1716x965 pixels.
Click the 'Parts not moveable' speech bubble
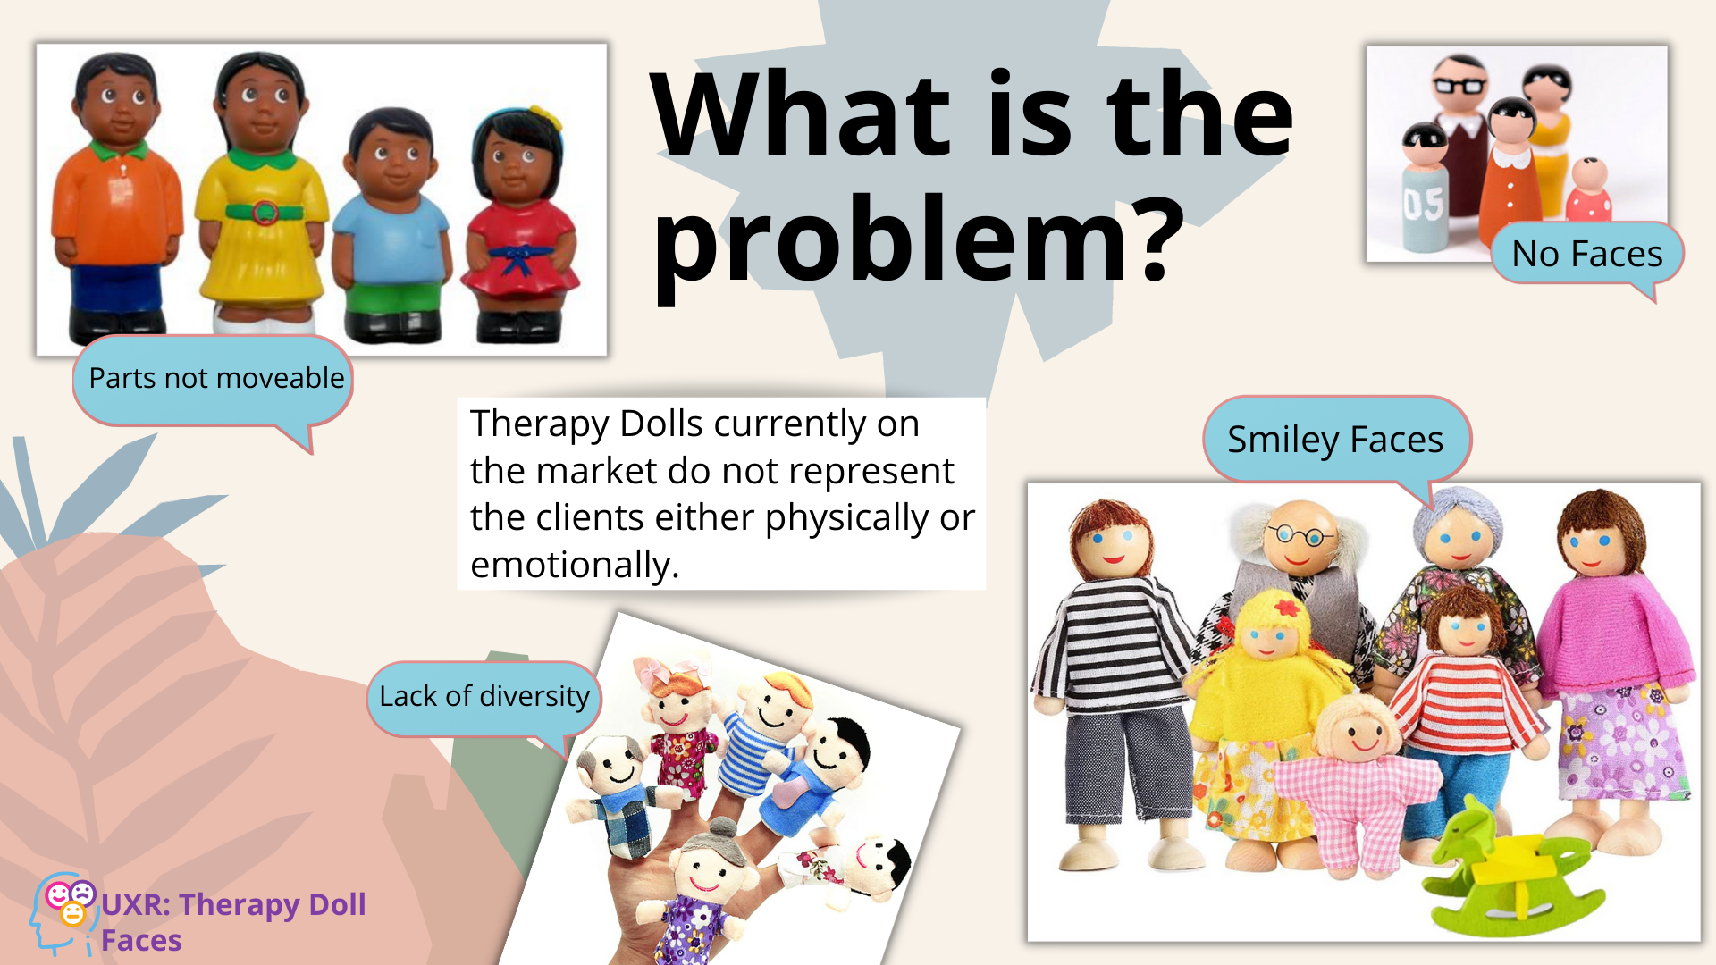pos(214,381)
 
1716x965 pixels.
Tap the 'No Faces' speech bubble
pos(1586,254)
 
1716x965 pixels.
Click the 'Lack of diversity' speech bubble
pos(484,698)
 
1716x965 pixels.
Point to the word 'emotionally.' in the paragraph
pos(575,565)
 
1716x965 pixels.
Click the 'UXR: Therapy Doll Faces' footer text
pos(233,922)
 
